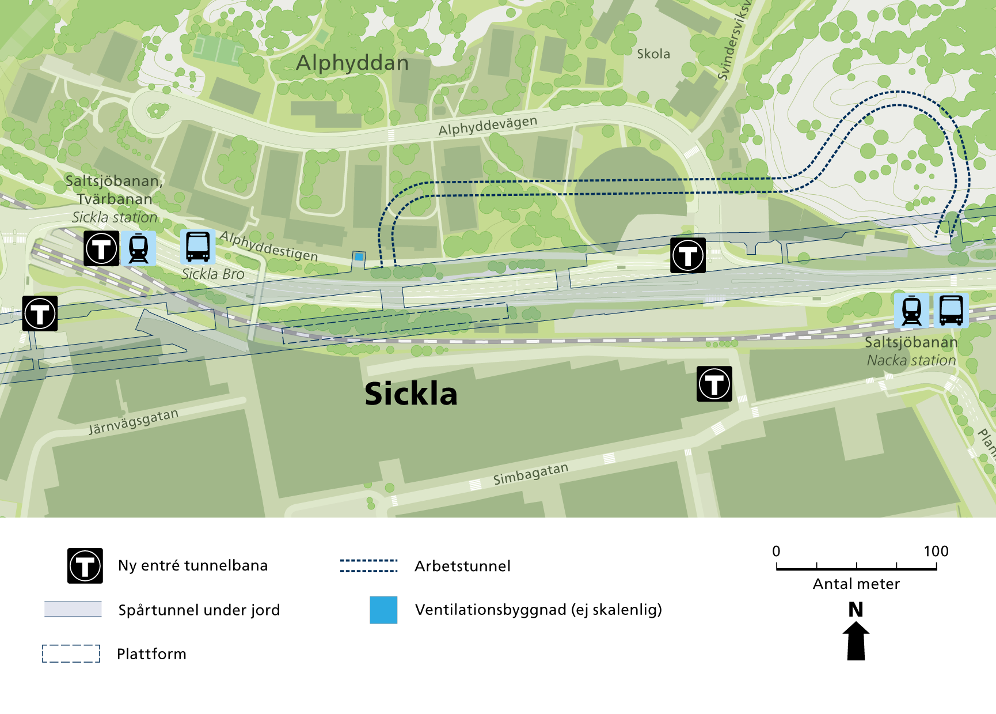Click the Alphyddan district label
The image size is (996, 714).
point(352,63)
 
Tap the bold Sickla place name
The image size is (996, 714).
point(411,394)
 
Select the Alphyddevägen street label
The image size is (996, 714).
point(488,126)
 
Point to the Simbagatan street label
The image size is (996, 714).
point(531,474)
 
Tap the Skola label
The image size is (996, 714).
point(653,54)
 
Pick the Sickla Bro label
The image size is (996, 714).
point(213,274)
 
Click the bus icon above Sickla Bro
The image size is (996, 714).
point(198,247)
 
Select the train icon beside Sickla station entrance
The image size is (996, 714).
point(139,248)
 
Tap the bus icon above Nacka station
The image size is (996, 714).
point(951,310)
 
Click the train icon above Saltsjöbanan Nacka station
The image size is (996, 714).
point(911,310)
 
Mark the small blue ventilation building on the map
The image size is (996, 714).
point(359,256)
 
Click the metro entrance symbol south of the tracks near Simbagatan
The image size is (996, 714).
point(714,384)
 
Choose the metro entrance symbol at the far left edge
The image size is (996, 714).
point(40,313)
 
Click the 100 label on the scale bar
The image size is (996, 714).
point(936,551)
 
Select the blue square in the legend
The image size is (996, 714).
point(383,610)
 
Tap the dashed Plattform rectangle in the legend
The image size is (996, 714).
point(71,653)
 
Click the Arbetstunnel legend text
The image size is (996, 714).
point(462,566)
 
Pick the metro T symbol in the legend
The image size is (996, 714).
point(85,566)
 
